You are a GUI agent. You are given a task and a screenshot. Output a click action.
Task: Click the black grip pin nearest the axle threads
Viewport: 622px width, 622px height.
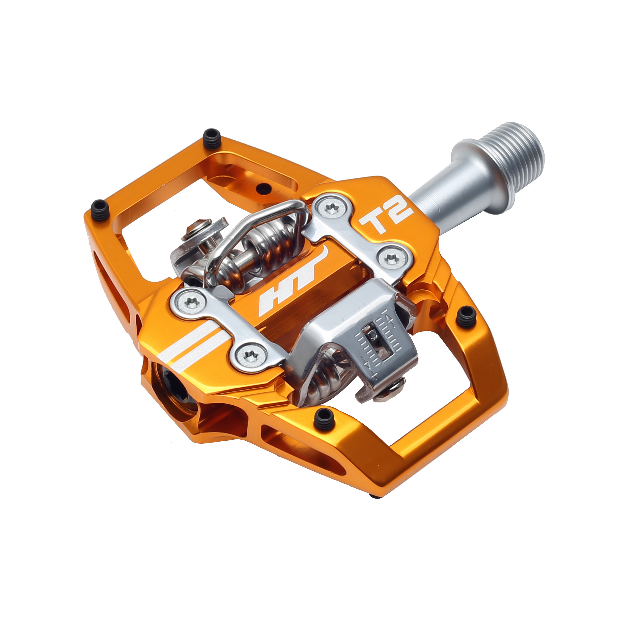466,316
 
